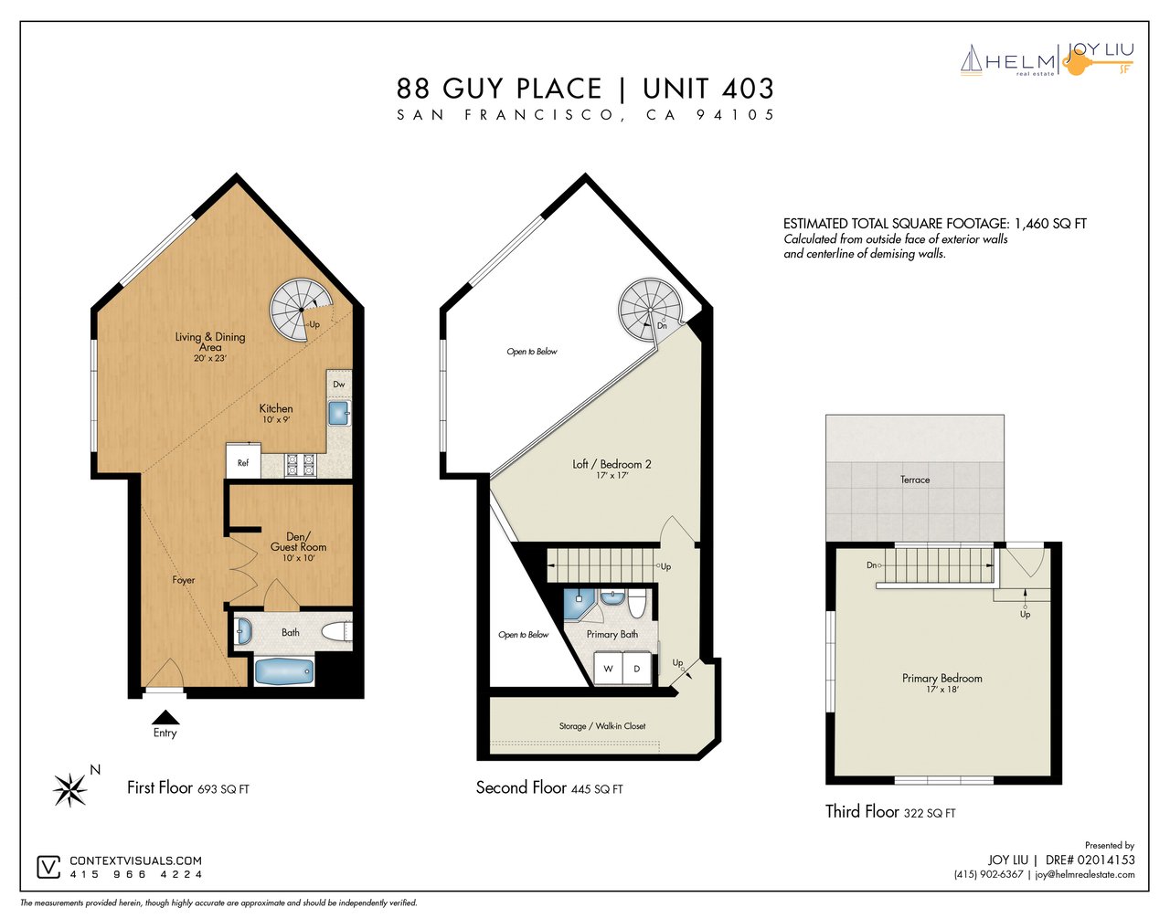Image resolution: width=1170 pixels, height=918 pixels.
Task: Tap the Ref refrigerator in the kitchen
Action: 243,460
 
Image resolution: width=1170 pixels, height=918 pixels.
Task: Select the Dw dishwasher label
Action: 339,384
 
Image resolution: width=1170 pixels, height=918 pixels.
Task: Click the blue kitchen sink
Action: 339,413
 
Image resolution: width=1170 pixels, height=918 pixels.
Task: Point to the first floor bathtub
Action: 284,672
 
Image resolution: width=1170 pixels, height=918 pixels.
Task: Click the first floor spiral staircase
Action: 298,310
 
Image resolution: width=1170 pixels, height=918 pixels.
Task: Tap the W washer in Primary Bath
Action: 608,669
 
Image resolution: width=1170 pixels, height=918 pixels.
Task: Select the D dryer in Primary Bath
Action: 637,669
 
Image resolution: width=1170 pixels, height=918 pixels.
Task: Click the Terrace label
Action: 915,480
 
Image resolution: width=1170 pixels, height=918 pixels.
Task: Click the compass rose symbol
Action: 70,790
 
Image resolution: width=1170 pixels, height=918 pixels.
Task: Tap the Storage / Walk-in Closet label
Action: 602,726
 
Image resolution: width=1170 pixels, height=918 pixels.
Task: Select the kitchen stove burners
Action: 301,465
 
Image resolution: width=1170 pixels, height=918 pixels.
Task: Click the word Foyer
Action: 184,580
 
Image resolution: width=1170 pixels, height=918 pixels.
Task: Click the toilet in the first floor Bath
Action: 336,632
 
